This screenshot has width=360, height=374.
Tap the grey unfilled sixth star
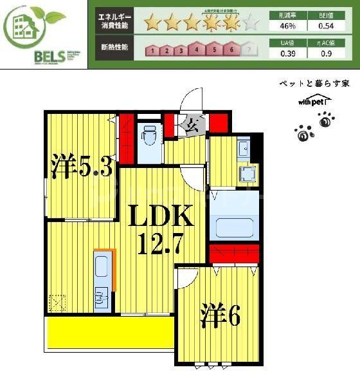click(252, 24)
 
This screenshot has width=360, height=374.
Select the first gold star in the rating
click(152, 24)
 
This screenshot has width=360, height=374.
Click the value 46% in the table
click(287, 26)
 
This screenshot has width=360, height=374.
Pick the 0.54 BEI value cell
click(326, 26)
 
